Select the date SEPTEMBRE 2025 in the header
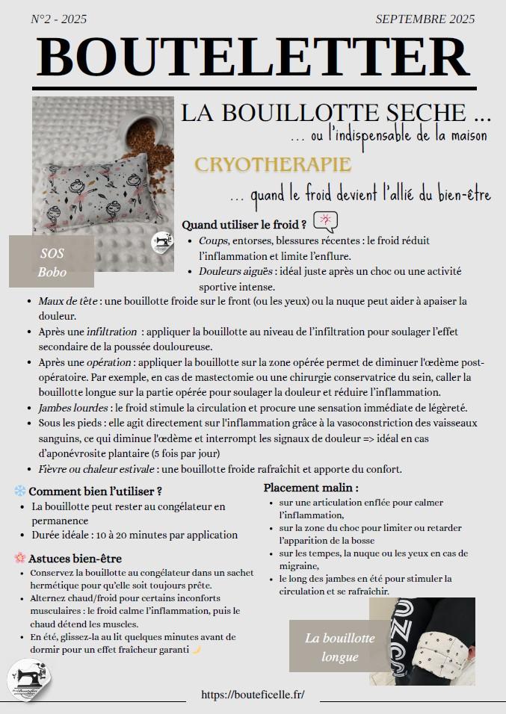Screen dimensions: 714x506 (x=425, y=20)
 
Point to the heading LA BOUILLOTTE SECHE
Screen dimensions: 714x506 (x=336, y=114)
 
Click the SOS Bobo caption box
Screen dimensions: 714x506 (x=52, y=262)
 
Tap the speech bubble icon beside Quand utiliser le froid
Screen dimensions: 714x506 (x=326, y=222)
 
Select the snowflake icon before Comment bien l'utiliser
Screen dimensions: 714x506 (x=20, y=491)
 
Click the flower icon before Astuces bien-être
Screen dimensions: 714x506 (x=20, y=558)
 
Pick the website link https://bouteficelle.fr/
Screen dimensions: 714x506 (x=253, y=694)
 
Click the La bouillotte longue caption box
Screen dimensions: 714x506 (x=330, y=647)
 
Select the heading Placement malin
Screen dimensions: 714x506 (x=311, y=488)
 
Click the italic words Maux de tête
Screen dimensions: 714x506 (x=70, y=301)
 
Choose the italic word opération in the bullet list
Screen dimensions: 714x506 (x=108, y=362)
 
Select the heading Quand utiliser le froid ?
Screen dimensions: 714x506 (x=244, y=224)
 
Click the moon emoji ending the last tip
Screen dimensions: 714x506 (x=197, y=650)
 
